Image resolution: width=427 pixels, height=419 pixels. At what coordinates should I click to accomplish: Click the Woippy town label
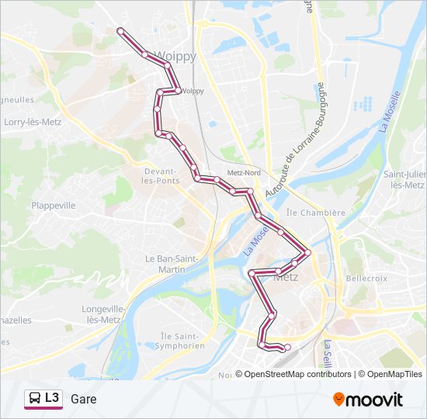click(x=176, y=56)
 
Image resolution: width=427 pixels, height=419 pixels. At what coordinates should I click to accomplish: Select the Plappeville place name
click(x=54, y=206)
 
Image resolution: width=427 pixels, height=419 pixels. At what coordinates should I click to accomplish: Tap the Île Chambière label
click(x=316, y=213)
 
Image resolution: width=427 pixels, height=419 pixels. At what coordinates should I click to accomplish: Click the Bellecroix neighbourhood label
click(x=366, y=277)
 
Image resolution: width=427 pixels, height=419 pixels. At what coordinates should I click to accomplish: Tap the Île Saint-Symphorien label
click(x=182, y=341)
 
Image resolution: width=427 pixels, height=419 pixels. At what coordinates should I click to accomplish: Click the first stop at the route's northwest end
click(x=120, y=30)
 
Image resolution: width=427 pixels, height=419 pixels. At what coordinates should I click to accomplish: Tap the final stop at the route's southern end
click(x=287, y=348)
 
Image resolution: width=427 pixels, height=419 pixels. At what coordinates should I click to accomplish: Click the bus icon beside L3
click(x=35, y=399)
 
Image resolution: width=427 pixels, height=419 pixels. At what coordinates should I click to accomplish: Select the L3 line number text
click(x=52, y=398)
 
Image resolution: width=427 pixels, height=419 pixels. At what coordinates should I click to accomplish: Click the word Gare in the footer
click(x=83, y=399)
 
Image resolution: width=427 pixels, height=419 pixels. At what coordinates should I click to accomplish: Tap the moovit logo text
click(x=375, y=400)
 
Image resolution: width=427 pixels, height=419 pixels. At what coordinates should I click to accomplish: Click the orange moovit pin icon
click(x=339, y=400)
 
